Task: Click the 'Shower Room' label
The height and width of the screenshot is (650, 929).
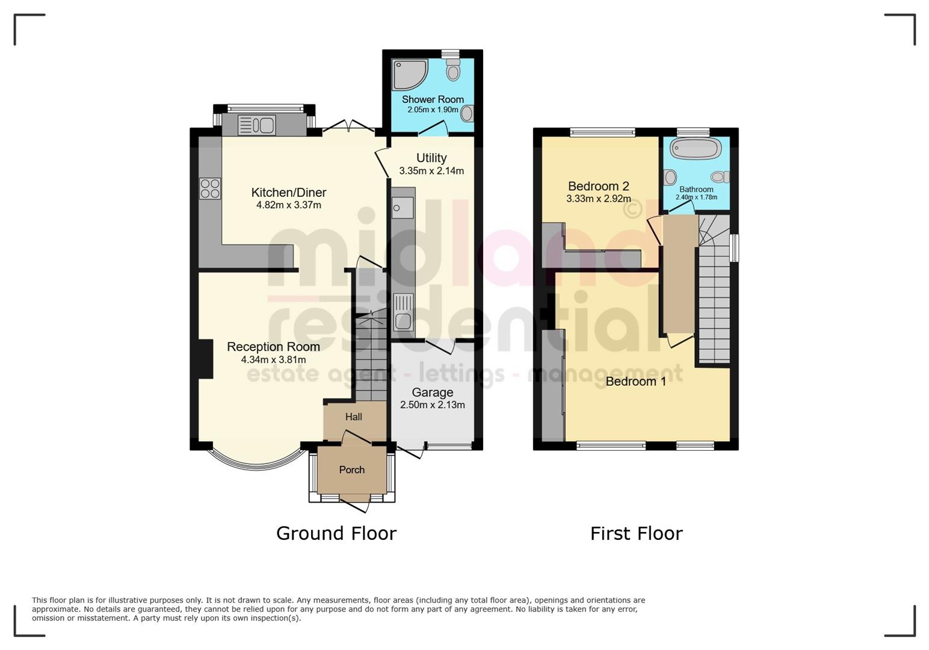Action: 433,99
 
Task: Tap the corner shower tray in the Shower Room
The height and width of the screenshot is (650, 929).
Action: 409,73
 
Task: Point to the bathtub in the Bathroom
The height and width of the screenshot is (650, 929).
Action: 696,149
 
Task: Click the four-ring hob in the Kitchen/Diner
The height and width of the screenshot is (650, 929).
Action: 210,188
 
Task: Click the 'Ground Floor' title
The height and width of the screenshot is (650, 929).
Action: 336,533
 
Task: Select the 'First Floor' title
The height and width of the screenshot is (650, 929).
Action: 636,533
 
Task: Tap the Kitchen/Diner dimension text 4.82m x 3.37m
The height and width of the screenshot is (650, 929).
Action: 289,205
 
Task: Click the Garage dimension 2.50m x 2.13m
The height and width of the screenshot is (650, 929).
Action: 432,405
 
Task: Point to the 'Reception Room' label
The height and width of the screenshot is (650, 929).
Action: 273,347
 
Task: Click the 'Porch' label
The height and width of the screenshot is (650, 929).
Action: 352,470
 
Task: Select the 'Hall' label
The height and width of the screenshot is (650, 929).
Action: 354,416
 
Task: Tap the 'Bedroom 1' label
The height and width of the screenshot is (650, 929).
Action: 636,382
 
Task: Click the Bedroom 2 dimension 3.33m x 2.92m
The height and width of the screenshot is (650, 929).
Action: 598,199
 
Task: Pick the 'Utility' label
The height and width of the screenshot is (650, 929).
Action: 431,158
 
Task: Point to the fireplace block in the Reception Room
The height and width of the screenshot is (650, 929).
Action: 206,359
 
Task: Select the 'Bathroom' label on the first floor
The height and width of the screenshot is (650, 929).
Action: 696,189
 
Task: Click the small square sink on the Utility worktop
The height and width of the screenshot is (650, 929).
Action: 402,208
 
